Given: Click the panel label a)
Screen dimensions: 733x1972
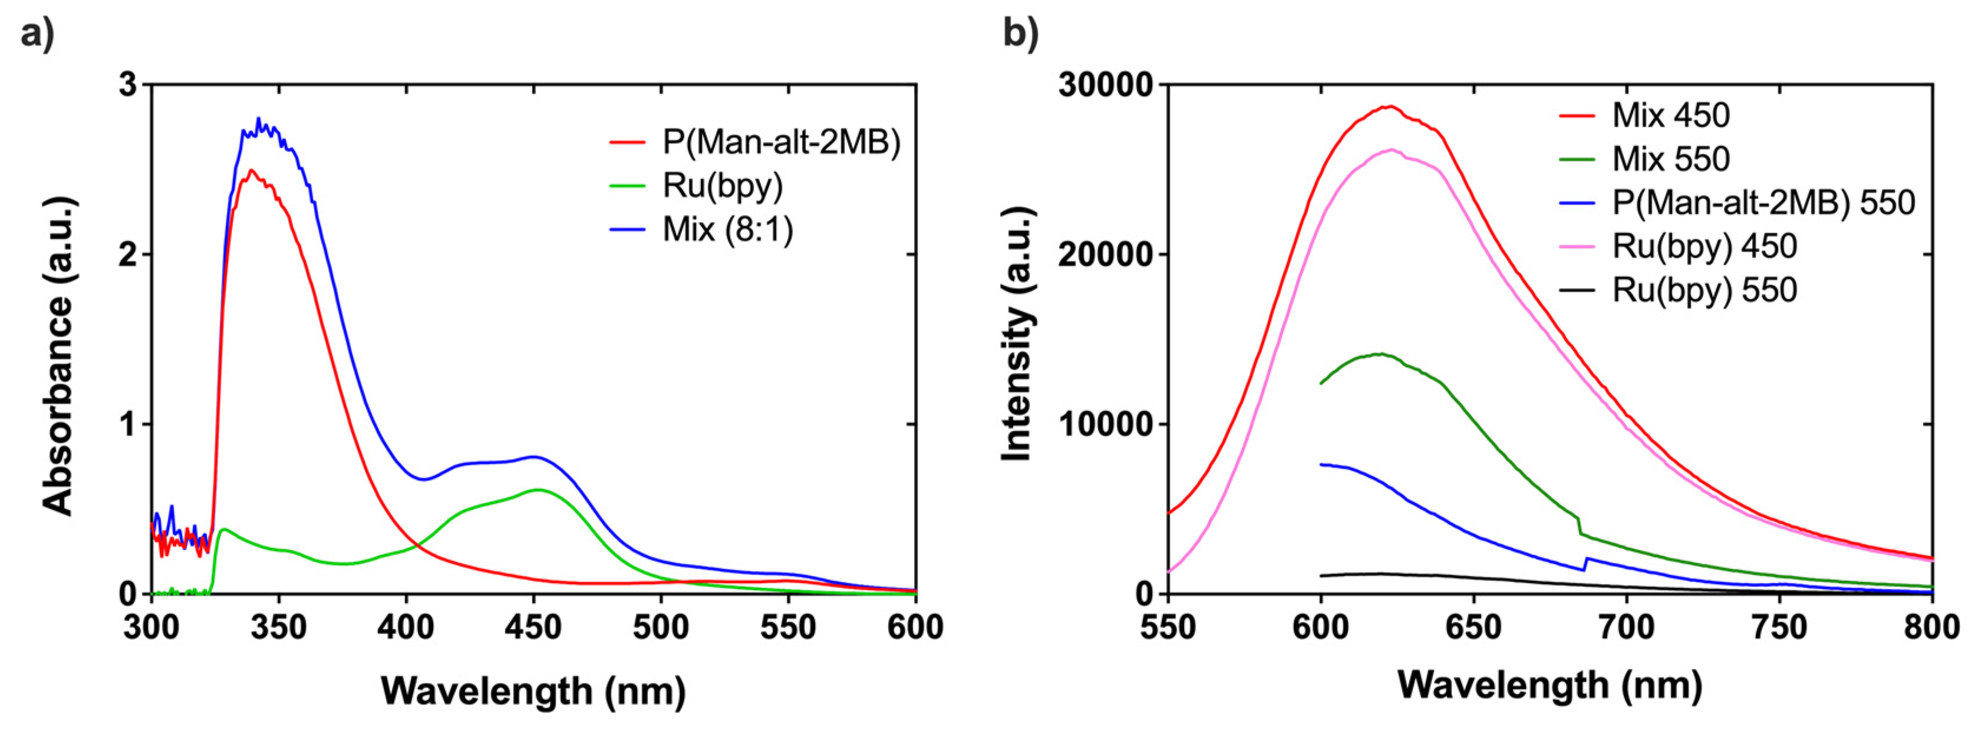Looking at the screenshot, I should coord(37,34).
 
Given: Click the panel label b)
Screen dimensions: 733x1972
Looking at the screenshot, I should coord(1020,34).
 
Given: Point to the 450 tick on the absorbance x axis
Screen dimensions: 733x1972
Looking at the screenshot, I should coord(533,628).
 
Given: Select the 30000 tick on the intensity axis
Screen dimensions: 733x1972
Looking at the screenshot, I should coord(1104,84).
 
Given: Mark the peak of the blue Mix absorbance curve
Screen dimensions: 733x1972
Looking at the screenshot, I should coord(259,118).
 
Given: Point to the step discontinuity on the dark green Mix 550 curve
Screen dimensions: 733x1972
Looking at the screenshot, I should coord(1579,526).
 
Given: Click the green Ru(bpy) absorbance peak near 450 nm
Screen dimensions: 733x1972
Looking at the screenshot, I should coord(538,490).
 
